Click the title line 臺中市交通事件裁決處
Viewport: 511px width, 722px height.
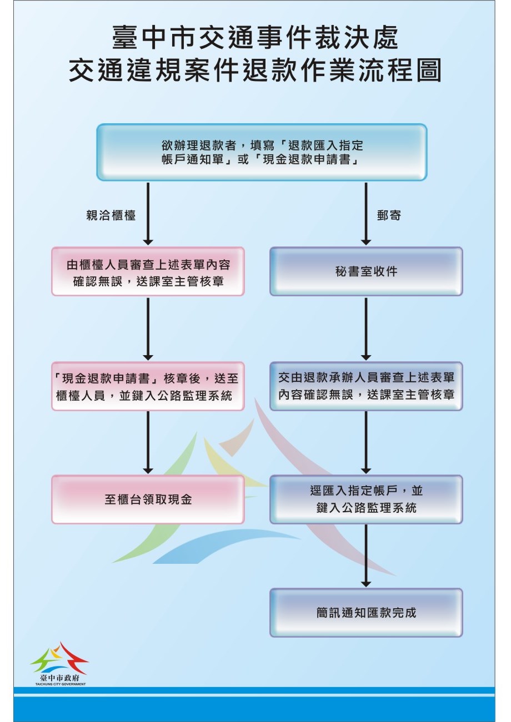255,39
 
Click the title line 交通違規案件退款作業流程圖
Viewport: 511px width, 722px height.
255,71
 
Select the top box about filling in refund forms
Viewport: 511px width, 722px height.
262,152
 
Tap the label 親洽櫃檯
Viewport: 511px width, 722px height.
111,215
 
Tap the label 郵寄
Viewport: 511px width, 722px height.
389,215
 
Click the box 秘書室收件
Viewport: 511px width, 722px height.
366,271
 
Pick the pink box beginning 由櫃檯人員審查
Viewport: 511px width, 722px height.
148,271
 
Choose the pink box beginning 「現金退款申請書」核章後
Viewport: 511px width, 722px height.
148,386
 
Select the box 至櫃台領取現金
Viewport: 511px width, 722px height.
148,499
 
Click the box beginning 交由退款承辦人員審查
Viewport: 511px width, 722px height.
366,386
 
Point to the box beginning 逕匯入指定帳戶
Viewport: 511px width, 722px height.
366,499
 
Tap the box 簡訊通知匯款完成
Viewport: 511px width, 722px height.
366,613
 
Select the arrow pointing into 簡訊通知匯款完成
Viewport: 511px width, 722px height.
366,556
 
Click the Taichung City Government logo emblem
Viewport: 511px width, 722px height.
59,658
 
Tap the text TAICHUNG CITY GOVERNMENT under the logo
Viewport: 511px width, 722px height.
59,684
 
